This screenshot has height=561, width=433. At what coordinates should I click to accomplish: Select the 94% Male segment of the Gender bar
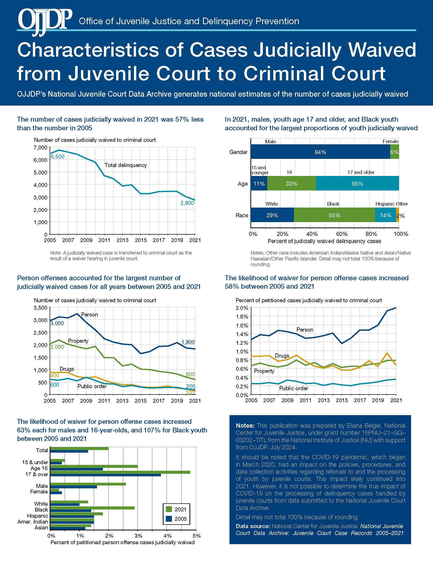(320, 152)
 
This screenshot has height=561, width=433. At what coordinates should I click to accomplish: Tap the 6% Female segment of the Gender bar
(395, 152)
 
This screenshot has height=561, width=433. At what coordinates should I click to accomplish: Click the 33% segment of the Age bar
(292, 183)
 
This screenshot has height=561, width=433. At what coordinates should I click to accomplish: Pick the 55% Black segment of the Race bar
(334, 215)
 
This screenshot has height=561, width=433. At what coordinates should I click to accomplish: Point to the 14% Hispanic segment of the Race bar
(386, 215)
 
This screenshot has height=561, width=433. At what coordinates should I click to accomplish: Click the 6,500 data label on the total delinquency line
(58, 156)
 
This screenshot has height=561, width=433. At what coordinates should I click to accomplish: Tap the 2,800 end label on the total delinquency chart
(187, 203)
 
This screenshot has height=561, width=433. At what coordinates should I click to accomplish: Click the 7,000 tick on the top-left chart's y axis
(40, 147)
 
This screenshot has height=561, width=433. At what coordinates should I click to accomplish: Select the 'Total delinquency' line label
(126, 165)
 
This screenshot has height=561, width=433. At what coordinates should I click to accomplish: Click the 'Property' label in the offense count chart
(78, 341)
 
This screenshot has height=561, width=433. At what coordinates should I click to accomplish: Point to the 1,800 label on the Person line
(188, 342)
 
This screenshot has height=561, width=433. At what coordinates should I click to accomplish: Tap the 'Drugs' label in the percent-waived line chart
(282, 356)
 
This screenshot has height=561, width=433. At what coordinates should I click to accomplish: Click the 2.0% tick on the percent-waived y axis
(242, 308)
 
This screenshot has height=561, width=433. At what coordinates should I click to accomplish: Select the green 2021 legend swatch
(169, 509)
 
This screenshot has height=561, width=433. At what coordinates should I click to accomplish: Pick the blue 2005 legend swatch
(169, 519)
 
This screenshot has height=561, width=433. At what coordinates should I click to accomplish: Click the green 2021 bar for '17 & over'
(120, 472)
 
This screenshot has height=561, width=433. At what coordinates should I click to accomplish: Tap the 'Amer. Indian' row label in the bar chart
(33, 522)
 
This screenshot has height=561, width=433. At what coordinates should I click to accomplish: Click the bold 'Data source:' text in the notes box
(253, 526)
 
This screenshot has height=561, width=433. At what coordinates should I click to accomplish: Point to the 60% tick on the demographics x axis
(342, 234)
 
